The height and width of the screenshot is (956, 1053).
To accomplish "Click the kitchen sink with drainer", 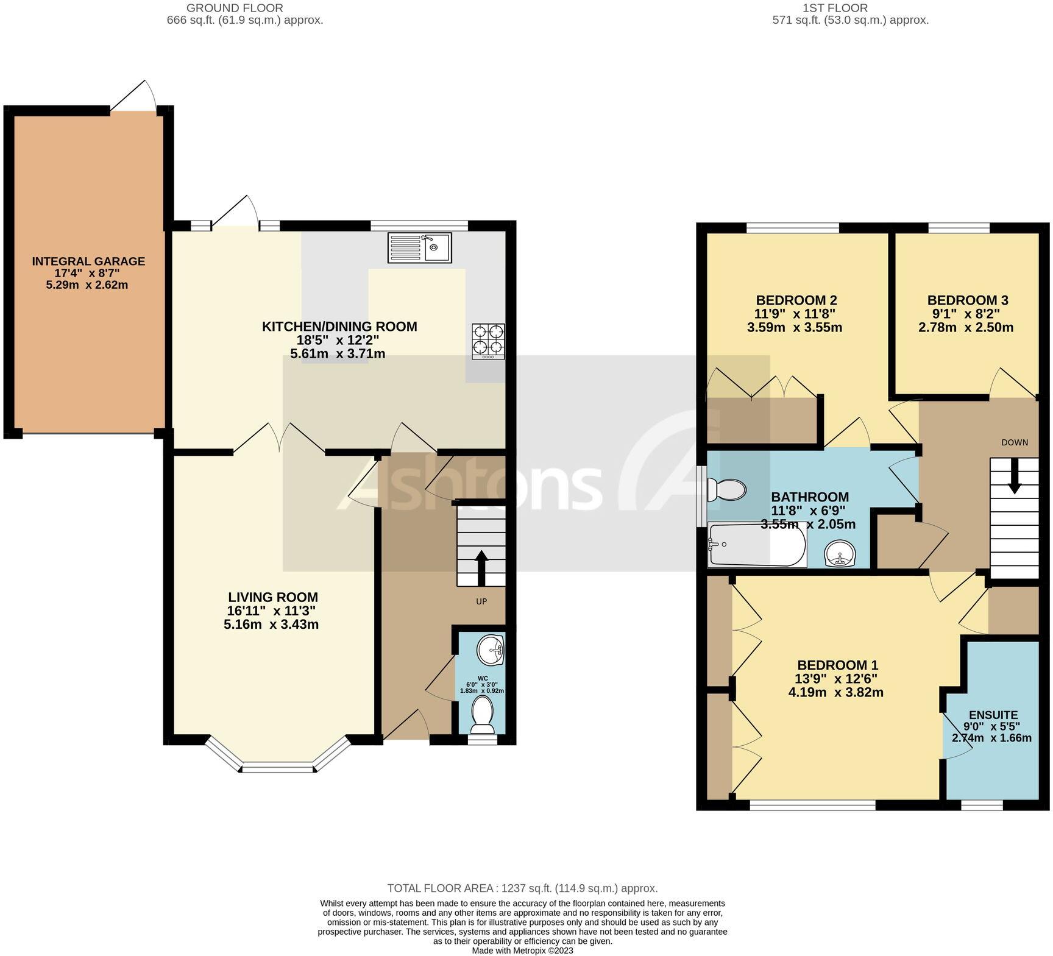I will point(419,247).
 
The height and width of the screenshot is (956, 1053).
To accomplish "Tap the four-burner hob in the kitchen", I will point(488,340).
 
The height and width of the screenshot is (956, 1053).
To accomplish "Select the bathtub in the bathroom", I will point(756,545).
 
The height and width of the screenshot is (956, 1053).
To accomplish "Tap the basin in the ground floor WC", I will point(490,651).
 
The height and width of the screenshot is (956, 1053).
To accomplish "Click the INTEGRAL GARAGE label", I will point(88,261).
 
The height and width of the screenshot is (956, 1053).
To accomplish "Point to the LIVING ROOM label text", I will point(272,597).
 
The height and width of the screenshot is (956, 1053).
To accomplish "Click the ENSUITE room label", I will point(993,715).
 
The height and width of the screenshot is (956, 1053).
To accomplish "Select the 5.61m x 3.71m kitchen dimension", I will point(338,354).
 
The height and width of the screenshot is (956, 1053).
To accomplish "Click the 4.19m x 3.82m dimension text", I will point(835,692).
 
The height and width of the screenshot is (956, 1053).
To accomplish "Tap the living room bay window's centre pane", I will point(279,768).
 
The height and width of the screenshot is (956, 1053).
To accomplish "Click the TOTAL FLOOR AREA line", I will point(522,888).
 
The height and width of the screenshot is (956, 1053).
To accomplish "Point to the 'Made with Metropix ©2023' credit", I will point(522,950).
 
